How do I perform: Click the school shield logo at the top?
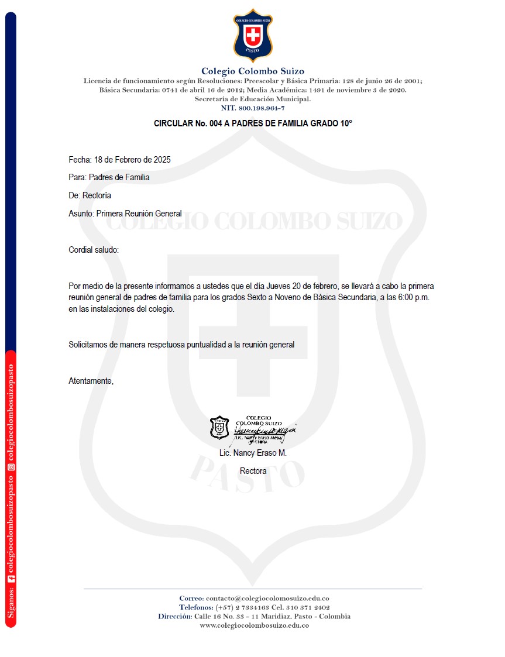click(253, 36)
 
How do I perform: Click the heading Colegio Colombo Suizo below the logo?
click(253, 71)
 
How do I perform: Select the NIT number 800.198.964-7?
click(262, 108)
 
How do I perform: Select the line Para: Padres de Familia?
click(109, 177)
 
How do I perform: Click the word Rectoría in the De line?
click(97, 195)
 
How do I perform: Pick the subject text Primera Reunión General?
click(139, 214)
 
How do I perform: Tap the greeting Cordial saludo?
click(94, 250)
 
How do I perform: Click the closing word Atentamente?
click(91, 381)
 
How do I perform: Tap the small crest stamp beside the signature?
click(219, 428)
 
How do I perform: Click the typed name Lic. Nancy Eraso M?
click(253, 453)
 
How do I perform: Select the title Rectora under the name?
click(253, 471)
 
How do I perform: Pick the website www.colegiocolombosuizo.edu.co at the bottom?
click(254, 625)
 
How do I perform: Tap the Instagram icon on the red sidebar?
click(11, 467)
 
